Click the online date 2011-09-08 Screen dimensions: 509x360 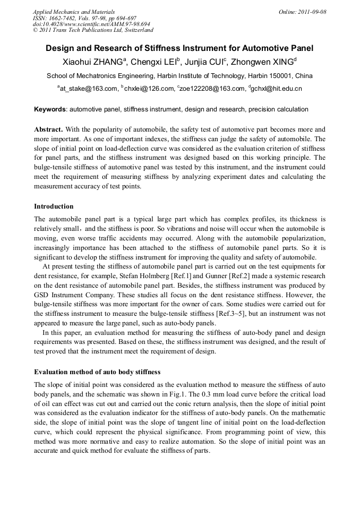[311, 12]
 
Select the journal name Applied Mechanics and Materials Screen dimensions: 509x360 [73, 12]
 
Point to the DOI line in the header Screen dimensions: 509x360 [91, 24]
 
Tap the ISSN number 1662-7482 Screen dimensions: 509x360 [63, 18]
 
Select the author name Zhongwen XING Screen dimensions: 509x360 [262, 62]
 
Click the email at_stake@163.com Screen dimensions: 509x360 [89, 89]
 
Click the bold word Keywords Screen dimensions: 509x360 [50, 109]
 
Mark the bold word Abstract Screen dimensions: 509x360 [48, 129]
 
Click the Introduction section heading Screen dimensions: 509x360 [54, 206]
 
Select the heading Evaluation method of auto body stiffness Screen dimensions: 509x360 [97, 372]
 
